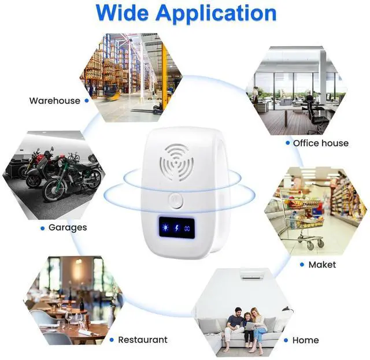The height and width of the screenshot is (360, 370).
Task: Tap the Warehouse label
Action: [55, 101]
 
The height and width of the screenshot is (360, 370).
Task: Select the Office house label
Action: [321, 143]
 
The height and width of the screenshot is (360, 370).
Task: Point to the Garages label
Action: [68, 228]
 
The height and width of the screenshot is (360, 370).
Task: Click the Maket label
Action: [322, 264]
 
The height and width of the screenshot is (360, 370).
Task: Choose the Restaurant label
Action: [143, 340]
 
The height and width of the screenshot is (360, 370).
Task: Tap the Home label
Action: [305, 340]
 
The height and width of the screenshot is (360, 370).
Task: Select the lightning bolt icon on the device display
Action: [176, 227]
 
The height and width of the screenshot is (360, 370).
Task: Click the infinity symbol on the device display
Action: [188, 227]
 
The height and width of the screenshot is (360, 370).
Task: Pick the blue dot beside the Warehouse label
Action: [86, 101]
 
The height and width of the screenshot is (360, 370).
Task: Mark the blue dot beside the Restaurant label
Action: [112, 340]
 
